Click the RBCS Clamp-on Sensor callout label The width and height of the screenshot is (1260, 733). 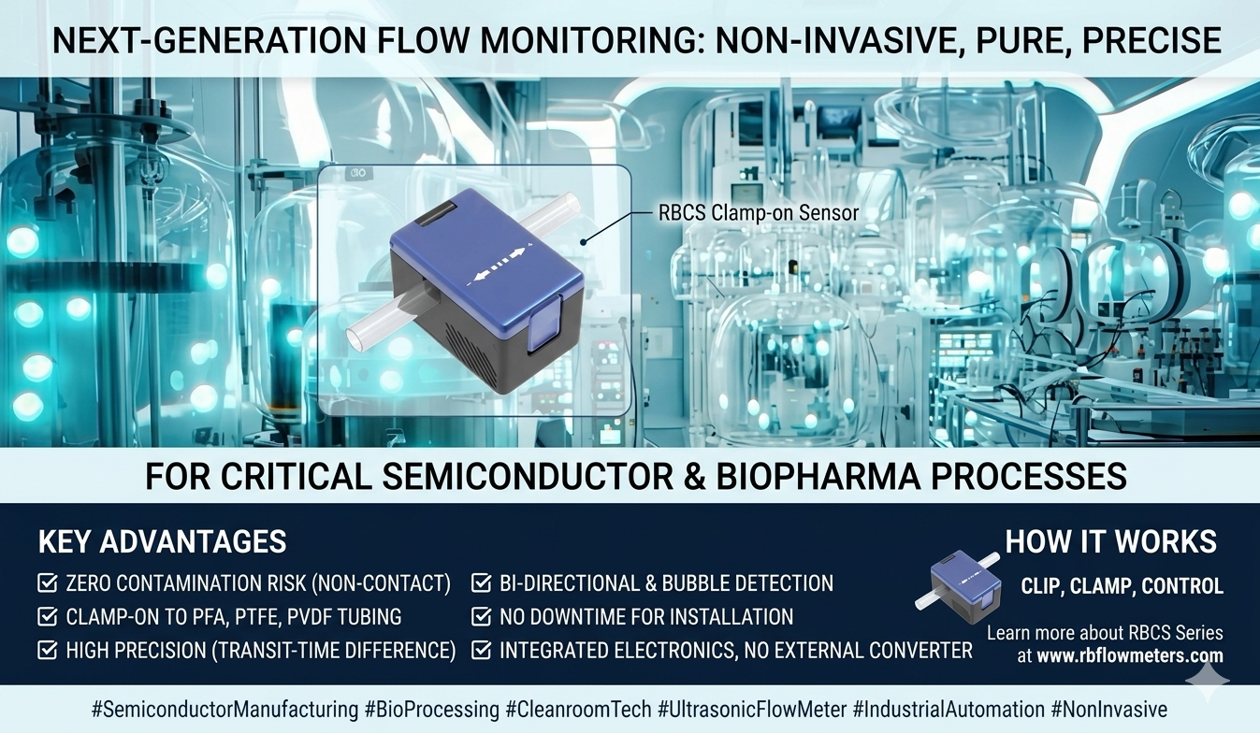click(x=758, y=213)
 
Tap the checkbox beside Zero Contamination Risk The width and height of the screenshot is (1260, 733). click(x=47, y=584)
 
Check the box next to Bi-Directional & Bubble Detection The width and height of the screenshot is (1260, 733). click(x=481, y=584)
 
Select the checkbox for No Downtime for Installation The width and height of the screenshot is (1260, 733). click(x=481, y=617)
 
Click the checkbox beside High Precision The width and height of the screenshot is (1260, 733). click(x=47, y=650)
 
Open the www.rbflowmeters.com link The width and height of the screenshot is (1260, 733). click(x=1129, y=655)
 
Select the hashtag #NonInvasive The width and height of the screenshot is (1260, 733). click(x=1108, y=710)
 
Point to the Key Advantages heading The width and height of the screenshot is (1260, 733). click(x=162, y=542)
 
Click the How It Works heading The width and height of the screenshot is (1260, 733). click(x=1110, y=542)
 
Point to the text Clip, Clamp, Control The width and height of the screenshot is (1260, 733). click(x=1122, y=587)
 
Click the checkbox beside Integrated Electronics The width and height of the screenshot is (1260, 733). click(x=481, y=650)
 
